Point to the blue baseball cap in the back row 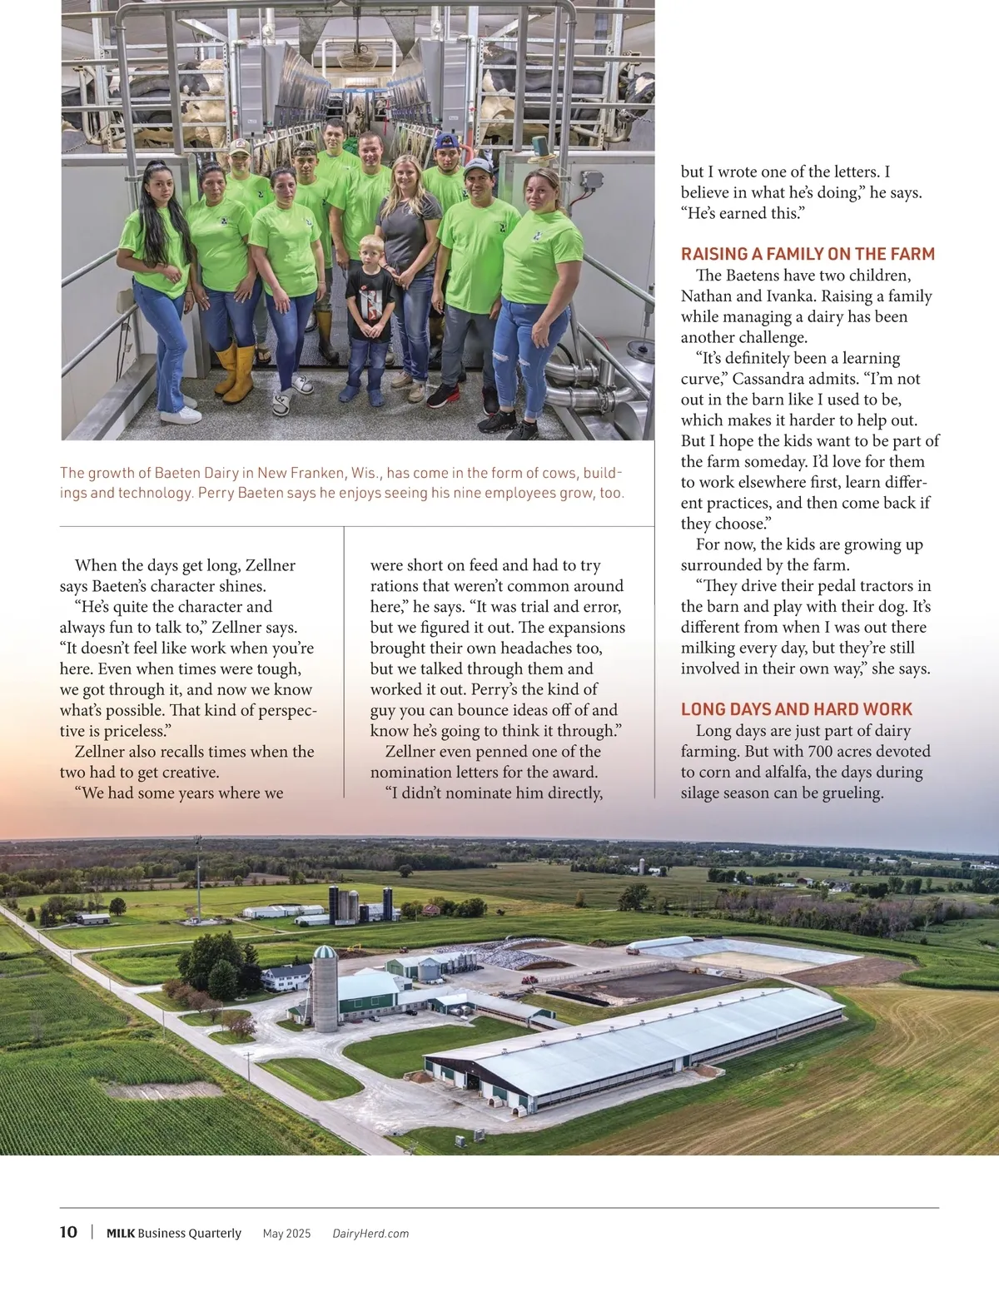(x=447, y=142)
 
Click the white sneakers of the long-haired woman (x=180, y=413)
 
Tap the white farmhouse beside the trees (x=286, y=977)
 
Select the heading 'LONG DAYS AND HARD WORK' (x=797, y=709)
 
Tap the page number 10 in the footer (x=68, y=1232)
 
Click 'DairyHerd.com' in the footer (x=370, y=1234)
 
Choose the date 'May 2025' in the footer (x=286, y=1234)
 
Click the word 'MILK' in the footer (x=121, y=1234)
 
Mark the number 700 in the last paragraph (x=820, y=752)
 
